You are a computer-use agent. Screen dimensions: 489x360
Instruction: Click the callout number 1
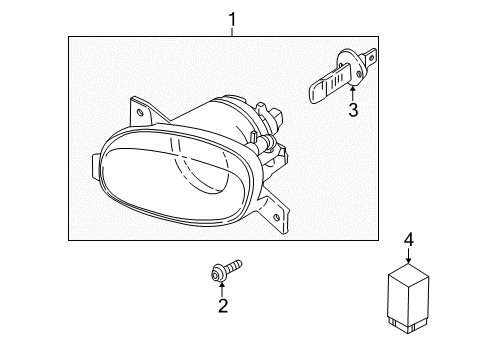[232, 19]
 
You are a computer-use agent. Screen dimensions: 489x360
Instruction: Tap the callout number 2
[223, 306]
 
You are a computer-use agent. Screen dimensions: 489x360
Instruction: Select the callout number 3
[353, 110]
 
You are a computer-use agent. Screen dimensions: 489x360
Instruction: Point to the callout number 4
[409, 239]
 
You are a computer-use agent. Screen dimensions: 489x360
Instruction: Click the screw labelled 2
[226, 270]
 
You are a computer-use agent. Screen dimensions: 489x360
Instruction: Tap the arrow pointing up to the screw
[222, 289]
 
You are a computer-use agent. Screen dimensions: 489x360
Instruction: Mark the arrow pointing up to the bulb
[353, 92]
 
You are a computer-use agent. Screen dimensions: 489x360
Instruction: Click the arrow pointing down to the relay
[409, 255]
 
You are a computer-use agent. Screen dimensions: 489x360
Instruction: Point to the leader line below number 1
[232, 32]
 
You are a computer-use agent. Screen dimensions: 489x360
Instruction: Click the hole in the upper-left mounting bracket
[140, 112]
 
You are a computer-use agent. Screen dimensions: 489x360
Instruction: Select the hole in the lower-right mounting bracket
[276, 218]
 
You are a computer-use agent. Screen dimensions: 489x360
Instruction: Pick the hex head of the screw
[217, 275]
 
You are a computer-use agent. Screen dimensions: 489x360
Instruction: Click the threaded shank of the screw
[233, 266]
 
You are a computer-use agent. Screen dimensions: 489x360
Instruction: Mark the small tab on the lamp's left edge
[96, 166]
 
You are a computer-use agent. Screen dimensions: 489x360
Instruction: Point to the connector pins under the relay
[407, 325]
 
